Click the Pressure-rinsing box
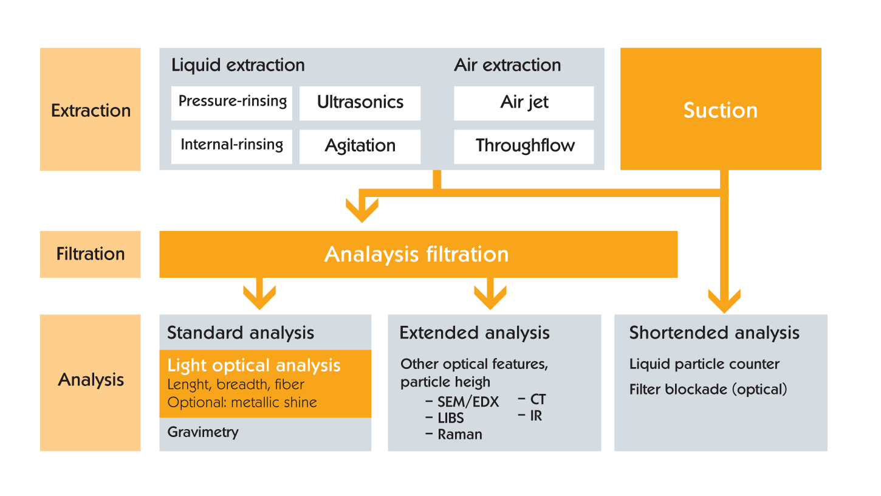coord(231,103)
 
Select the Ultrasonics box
coord(360,103)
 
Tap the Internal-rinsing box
coord(231,146)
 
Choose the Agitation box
coord(360,146)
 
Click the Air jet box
coord(524,103)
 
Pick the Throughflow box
coord(524,146)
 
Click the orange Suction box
coord(721,109)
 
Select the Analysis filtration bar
coord(419,254)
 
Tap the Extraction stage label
coord(91,111)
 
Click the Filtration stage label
coord(91,253)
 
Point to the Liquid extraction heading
coord(238,65)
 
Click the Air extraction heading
coord(507,65)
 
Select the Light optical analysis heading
coord(254,365)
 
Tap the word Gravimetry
coord(203,432)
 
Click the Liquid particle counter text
coord(704,364)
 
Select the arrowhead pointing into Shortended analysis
coord(724,301)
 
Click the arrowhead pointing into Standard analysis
coord(259,297)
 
